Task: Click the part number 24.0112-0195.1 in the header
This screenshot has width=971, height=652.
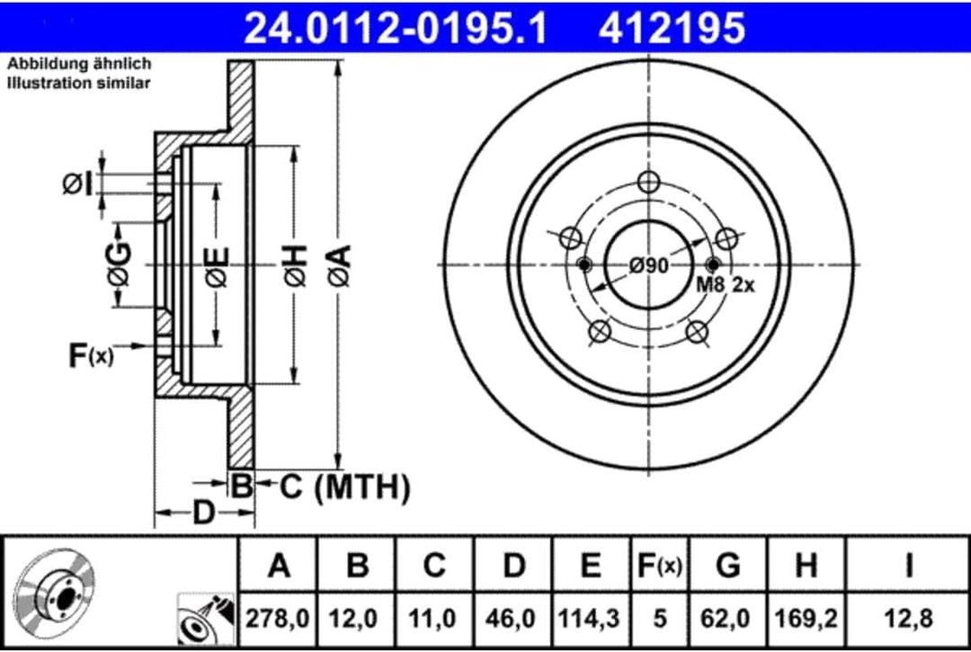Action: pos(396,28)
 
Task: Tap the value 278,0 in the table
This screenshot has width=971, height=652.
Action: pos(279,619)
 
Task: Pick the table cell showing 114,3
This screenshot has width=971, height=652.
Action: pos(590,619)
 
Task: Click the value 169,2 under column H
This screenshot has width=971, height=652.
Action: pos(806,619)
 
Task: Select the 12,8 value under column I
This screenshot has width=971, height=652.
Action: pos(909,619)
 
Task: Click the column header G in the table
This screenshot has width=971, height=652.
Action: pos(727,567)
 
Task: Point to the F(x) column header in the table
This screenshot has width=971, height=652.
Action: pos(659,567)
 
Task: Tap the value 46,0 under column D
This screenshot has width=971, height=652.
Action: pos(512,619)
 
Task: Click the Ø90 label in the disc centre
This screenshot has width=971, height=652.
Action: pos(648,265)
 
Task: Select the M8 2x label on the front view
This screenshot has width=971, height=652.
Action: pos(725,285)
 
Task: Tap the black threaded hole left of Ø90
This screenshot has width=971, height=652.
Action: pos(584,264)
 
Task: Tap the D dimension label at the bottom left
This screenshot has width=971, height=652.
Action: pos(204,514)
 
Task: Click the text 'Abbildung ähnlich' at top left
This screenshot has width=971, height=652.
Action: pos(79,65)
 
